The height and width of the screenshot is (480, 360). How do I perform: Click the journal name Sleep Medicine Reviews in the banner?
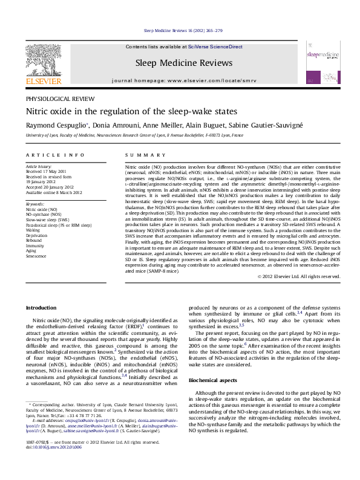point(183,63)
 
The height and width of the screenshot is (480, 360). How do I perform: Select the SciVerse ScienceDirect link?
point(215,47)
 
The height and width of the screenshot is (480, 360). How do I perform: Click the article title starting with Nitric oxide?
point(122,111)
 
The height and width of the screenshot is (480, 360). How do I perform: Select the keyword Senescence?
point(36,256)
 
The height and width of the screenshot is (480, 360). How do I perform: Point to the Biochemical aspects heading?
point(214,381)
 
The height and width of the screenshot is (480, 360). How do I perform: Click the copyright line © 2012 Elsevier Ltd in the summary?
point(299,276)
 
